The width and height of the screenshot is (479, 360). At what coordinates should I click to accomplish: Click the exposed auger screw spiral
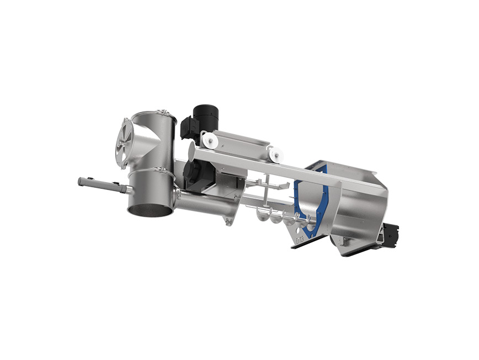click(x=281, y=218)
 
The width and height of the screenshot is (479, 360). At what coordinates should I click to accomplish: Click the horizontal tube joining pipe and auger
click(x=204, y=204)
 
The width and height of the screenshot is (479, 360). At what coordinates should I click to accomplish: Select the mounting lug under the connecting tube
click(x=228, y=221)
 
